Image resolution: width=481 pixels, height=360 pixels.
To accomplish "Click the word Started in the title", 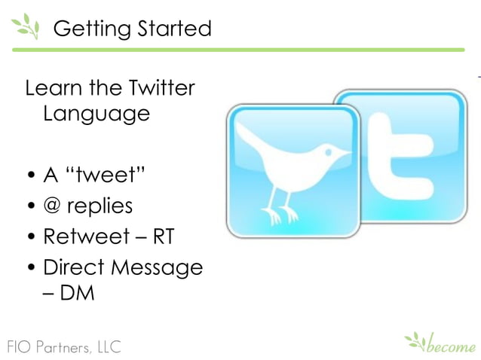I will click(x=170, y=29).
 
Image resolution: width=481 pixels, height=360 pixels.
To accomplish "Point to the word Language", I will click(x=96, y=114).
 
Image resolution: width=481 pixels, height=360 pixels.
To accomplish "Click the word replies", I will click(x=100, y=206).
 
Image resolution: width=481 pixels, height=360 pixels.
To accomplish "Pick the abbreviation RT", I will click(x=163, y=236).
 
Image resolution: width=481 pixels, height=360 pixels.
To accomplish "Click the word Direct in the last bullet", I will click(x=75, y=267).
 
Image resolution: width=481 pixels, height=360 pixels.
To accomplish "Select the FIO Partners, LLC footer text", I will click(x=60, y=346).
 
